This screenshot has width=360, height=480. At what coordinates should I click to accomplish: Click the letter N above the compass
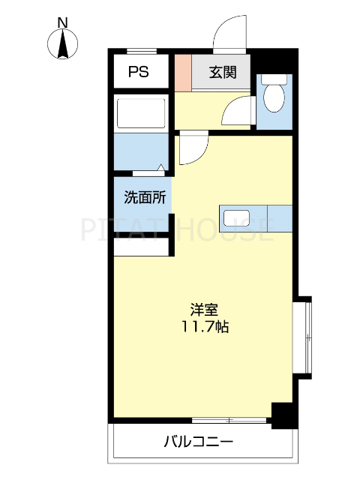(x=64, y=22)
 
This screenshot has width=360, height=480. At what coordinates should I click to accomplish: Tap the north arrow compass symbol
(x=64, y=45)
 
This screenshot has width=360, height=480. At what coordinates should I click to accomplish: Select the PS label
(x=138, y=73)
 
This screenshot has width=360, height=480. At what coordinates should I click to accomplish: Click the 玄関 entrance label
(x=223, y=73)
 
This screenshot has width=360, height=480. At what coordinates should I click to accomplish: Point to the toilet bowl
(x=274, y=96)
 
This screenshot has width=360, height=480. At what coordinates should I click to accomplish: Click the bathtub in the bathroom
(x=140, y=112)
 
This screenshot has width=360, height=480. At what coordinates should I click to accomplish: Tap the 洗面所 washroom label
(x=144, y=199)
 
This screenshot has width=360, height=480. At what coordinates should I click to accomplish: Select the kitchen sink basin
(x=235, y=217)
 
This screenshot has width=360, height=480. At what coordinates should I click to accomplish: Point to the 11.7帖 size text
(x=204, y=327)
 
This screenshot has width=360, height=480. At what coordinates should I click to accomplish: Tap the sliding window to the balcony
(x=229, y=419)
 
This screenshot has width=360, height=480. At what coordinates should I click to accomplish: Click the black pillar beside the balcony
(x=282, y=415)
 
